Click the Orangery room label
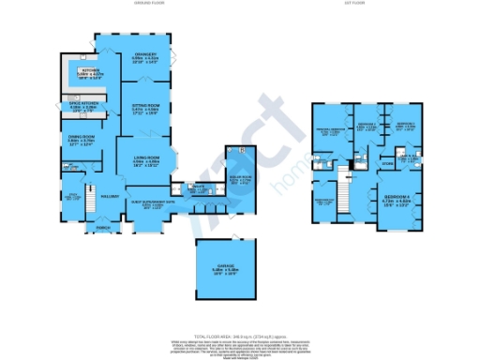pyautogui.click(x=143, y=57)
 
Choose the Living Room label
pyautogui.click(x=144, y=159)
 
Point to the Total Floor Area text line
pyautogui.click(x=239, y=336)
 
